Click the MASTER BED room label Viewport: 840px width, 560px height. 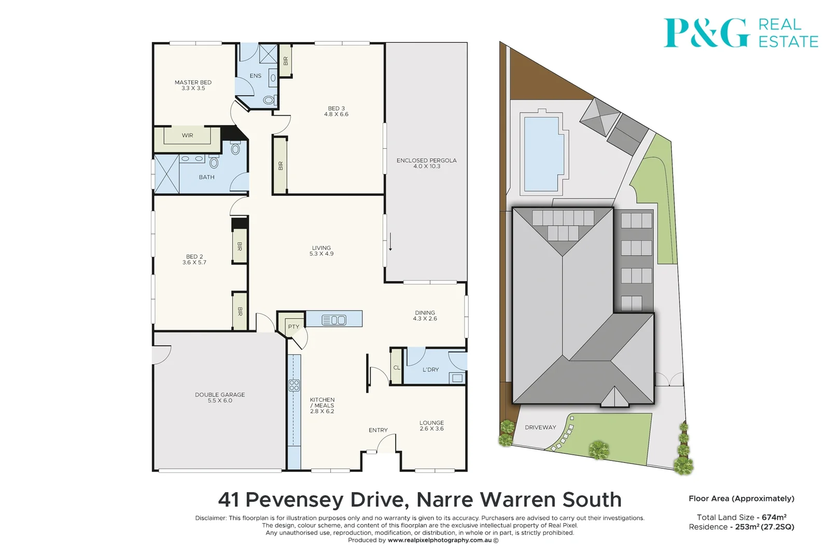193,82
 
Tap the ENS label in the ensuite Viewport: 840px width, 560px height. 256,76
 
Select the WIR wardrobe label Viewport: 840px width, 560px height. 187,135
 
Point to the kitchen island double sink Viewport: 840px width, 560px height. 334,320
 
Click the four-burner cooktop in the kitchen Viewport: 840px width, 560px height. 294,385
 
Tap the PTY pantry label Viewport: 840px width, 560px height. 293,327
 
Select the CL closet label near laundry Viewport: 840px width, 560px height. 397,368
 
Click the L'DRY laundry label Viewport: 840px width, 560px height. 430,370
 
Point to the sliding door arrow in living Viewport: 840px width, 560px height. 390,242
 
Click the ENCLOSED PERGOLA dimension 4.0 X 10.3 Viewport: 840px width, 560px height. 427,166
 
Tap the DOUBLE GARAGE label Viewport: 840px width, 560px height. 220,395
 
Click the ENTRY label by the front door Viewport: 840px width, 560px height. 378,430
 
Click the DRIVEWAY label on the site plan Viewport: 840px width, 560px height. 540,427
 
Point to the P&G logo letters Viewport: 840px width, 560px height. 706,33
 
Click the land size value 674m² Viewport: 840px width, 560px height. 774,517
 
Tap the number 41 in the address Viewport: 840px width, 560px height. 229,500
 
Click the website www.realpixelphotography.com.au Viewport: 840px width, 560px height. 439,540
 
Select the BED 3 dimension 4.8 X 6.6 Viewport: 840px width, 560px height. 336,114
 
